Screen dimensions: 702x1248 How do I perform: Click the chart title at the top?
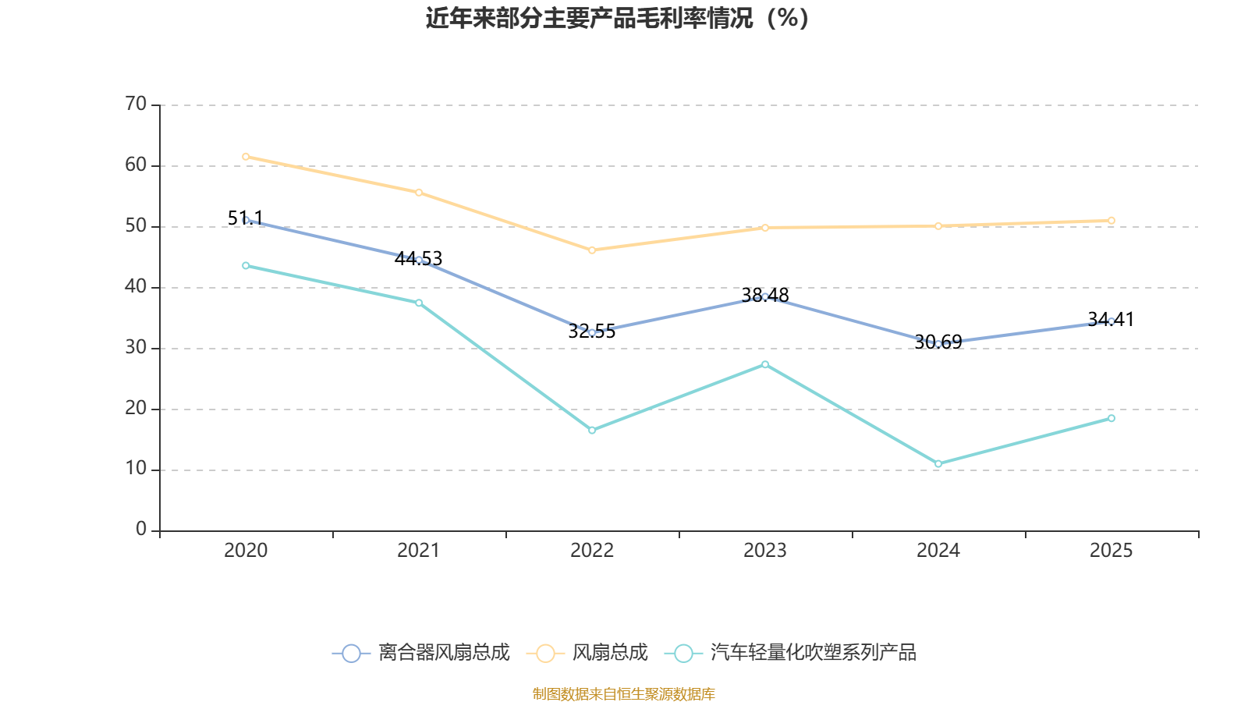[617, 18]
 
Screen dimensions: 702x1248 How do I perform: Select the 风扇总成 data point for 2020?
[246, 157]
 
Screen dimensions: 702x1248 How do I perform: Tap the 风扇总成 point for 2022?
[592, 250]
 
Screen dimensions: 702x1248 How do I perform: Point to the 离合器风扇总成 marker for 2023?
[765, 296]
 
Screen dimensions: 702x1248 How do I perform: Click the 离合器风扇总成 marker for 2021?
[419, 260]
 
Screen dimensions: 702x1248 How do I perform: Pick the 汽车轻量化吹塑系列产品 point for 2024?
[938, 464]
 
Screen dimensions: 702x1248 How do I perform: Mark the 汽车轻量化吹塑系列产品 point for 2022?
[592, 431]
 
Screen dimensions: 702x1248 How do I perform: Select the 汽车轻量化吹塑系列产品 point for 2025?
[1111, 418]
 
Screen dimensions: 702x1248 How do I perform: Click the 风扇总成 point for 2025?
[1111, 221]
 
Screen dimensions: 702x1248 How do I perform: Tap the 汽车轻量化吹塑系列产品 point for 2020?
[246, 266]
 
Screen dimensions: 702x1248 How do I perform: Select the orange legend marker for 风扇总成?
[545, 653]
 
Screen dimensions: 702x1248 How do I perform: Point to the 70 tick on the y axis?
[136, 105]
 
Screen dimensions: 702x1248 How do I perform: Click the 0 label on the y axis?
[141, 530]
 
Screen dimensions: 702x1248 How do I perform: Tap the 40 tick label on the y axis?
[136, 287]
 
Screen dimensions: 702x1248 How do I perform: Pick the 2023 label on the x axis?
[765, 551]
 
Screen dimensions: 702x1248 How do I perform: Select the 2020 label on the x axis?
[246, 551]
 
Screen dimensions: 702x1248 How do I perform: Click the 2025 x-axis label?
[1111, 551]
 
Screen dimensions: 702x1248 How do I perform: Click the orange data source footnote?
[624, 693]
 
